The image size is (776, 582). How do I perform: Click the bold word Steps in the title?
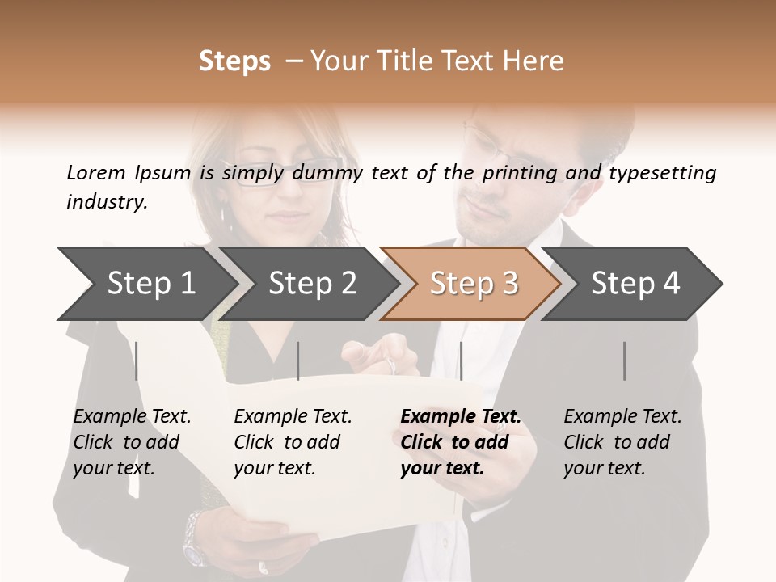[234, 61]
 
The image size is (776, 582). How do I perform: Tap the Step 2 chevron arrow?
[312, 283]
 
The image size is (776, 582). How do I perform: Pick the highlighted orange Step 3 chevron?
[473, 283]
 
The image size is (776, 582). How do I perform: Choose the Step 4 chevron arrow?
[635, 283]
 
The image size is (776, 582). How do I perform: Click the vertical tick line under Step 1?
[137, 361]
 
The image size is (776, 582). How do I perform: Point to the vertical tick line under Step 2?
[298, 361]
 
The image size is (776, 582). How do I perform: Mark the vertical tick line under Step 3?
[461, 361]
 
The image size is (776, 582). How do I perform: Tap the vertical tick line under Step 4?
[625, 361]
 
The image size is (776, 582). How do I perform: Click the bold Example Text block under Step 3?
[461, 442]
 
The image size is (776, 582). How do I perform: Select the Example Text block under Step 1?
[132, 442]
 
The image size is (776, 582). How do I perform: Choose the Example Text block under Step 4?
[622, 442]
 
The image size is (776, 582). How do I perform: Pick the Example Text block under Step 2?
[293, 442]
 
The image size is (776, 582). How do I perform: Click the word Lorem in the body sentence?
[95, 173]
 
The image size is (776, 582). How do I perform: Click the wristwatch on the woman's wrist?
[195, 538]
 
